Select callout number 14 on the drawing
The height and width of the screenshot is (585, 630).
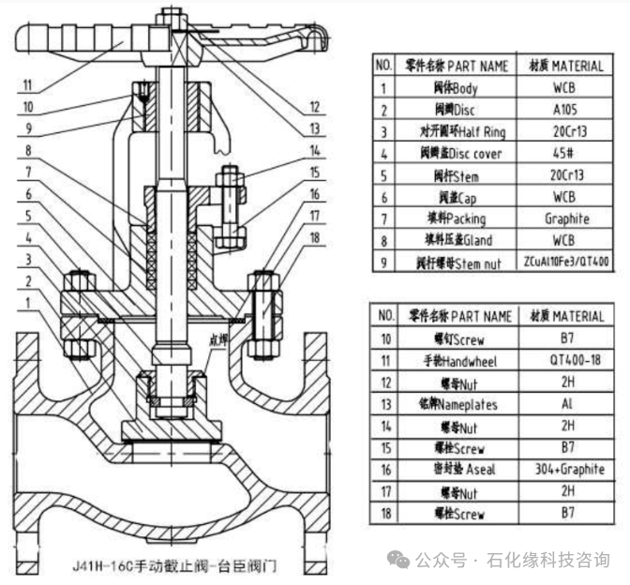pos(316,149)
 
